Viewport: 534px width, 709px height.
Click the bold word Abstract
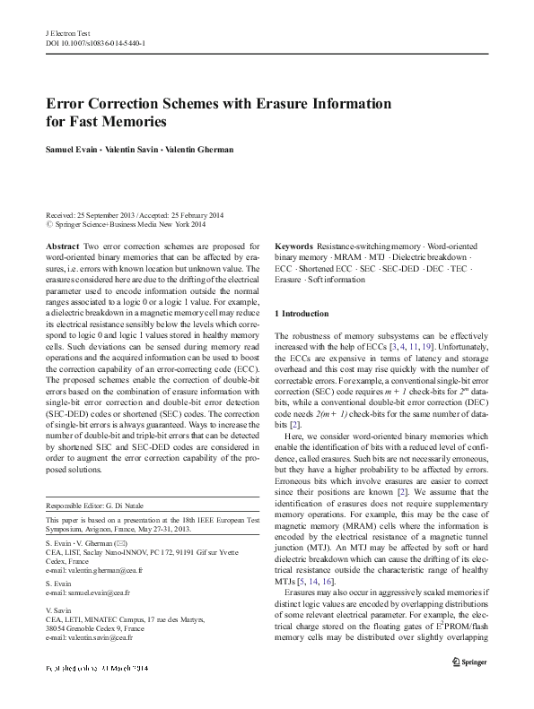tap(61, 246)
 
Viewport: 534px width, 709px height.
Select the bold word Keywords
tap(293, 246)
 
